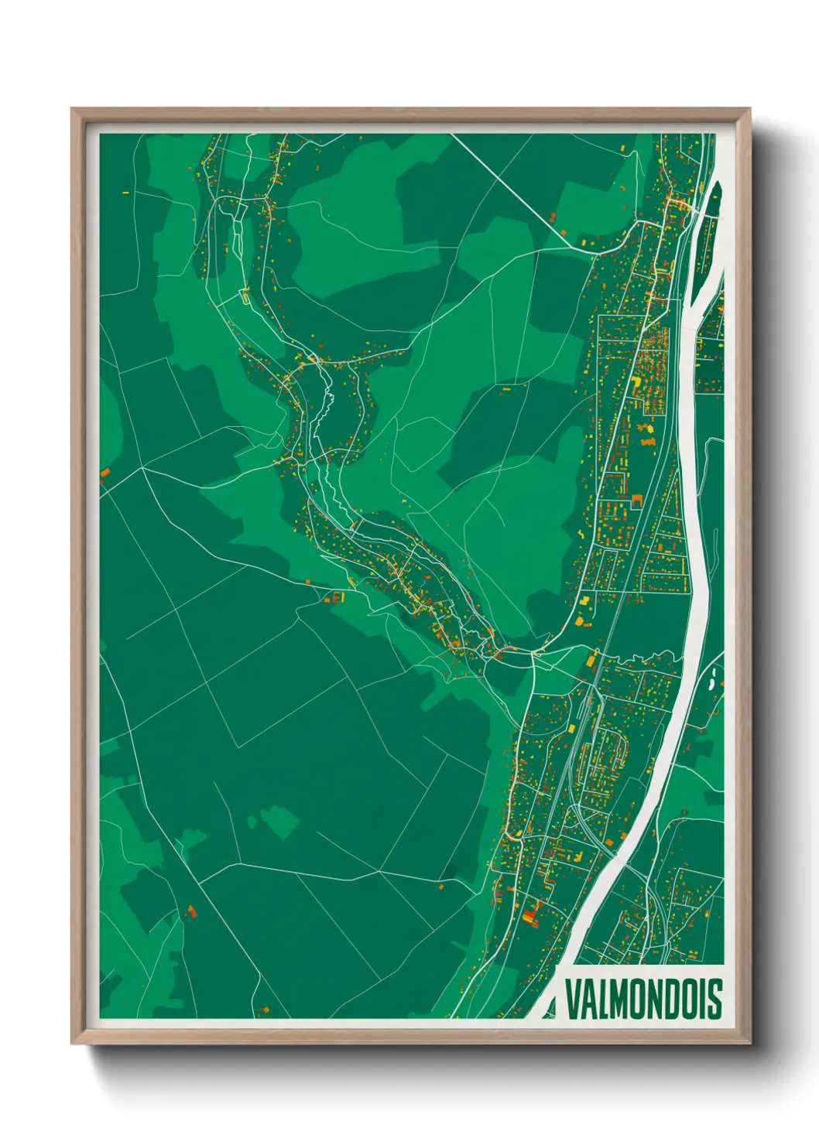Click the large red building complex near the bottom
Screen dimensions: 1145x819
point(530,915)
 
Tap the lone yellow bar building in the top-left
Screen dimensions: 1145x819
point(125,191)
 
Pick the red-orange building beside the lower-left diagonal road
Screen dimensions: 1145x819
point(191,911)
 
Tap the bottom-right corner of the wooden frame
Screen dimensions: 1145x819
point(749,1043)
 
